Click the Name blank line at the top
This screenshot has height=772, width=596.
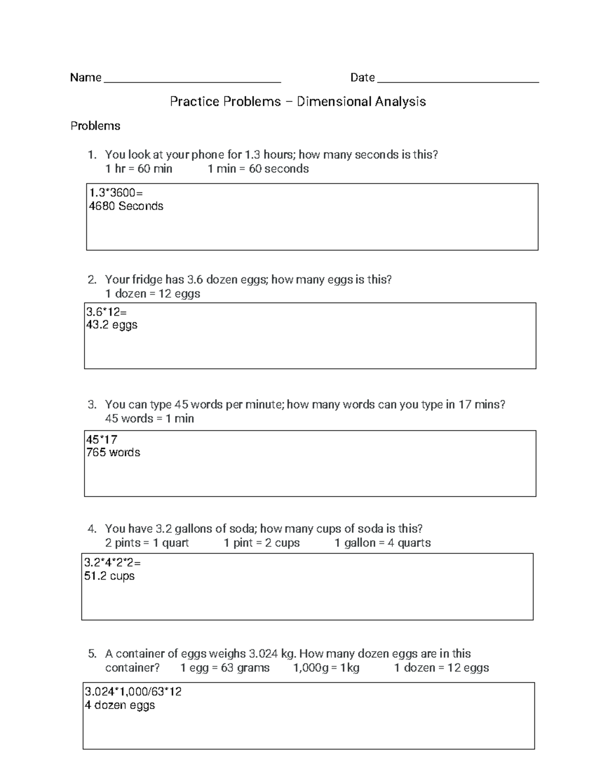point(192,81)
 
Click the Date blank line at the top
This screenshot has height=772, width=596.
point(458,81)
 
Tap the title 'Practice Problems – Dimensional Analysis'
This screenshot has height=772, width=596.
point(298,102)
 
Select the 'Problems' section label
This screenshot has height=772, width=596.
point(95,126)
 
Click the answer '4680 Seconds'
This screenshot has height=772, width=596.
point(126,206)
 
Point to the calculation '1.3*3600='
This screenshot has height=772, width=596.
point(116,193)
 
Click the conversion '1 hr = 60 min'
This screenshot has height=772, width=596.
point(139,169)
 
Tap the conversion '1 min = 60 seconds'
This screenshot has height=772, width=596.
point(258,169)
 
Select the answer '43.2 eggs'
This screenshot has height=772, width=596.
point(112,325)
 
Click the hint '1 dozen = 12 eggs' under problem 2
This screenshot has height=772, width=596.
point(152,294)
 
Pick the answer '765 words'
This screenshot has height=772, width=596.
point(113,453)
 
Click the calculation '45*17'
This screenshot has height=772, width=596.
point(102,440)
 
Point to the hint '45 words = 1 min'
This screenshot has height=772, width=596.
point(149,419)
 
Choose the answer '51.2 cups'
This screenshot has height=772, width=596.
point(109,576)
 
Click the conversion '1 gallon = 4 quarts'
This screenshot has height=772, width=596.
point(382,543)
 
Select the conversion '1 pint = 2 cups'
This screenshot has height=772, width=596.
point(262,543)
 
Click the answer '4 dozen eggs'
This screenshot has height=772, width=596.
point(120,705)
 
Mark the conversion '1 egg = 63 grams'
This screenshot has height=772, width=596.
point(225,668)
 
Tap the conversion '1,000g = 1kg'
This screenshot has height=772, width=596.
point(326,668)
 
